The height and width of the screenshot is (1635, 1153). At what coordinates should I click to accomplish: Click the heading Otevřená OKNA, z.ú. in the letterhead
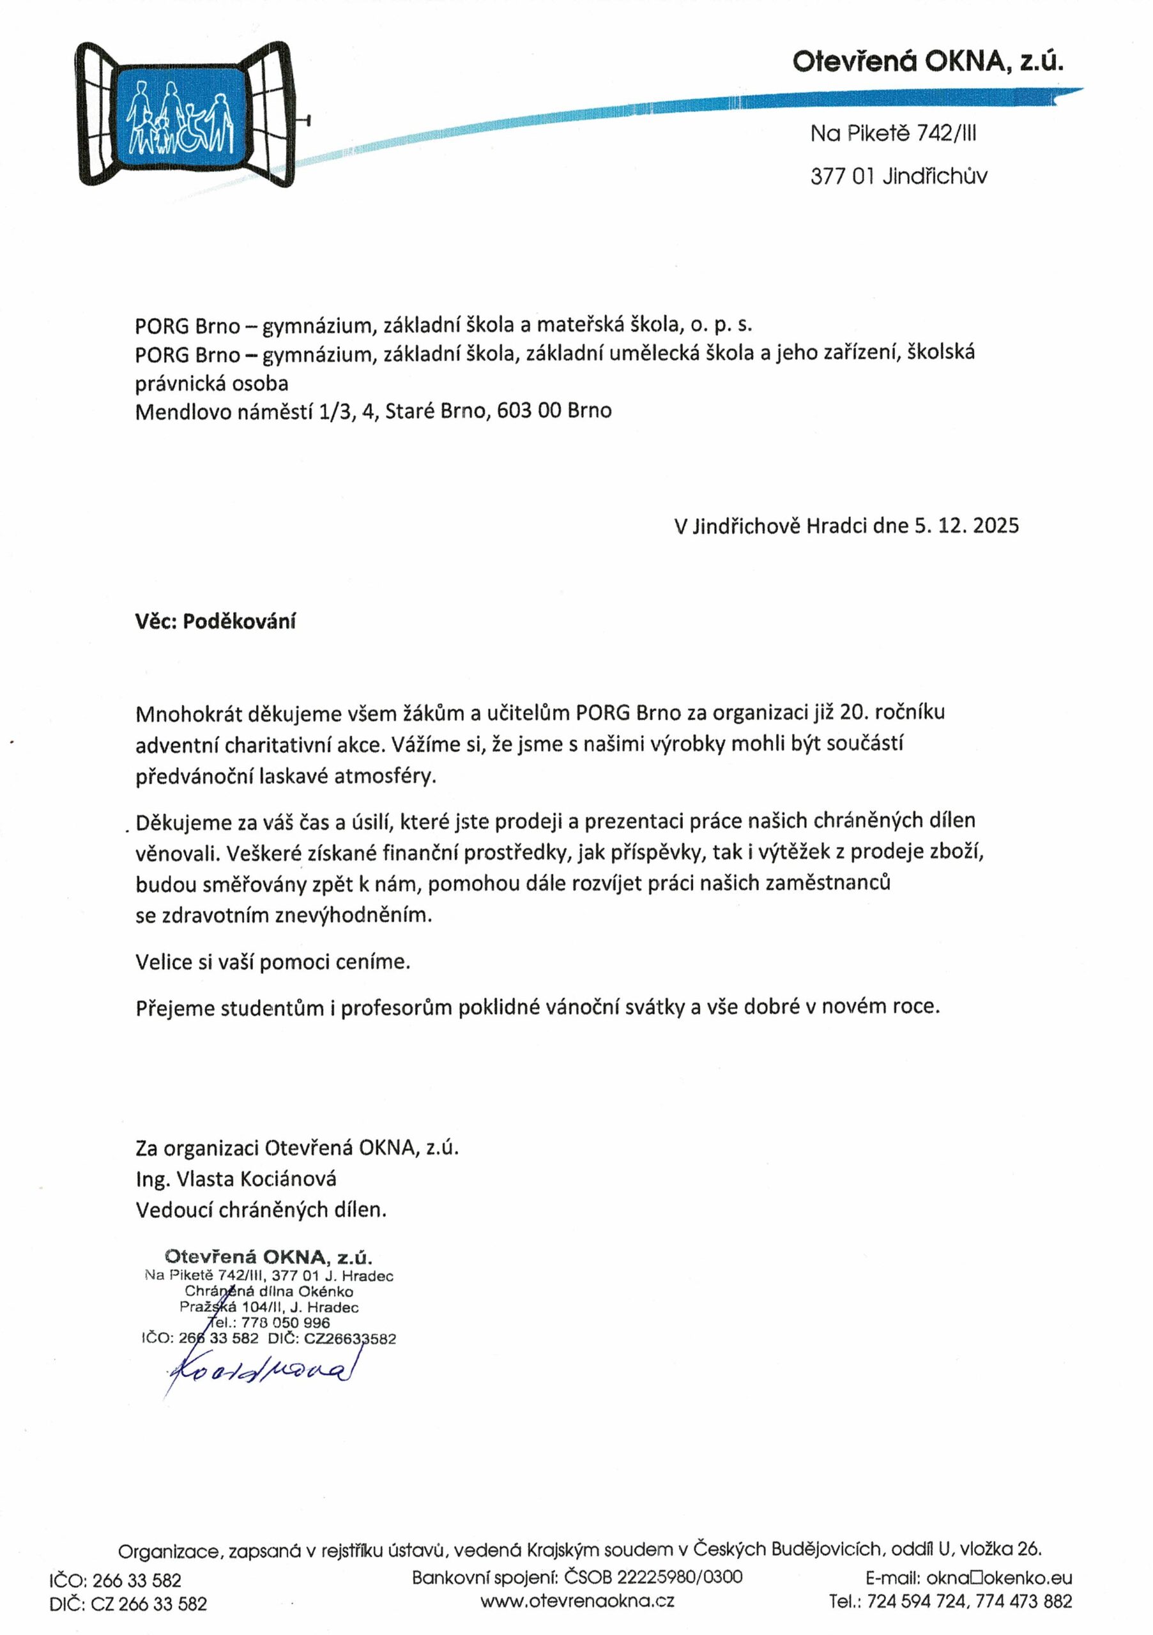click(x=928, y=63)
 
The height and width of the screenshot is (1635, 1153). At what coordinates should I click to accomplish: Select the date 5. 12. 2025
click(x=966, y=526)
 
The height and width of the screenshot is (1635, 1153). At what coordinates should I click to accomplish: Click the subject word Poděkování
click(x=240, y=621)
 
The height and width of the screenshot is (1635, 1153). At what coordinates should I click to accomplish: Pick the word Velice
click(x=164, y=962)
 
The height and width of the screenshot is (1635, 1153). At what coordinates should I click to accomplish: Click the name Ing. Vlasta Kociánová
click(x=236, y=1178)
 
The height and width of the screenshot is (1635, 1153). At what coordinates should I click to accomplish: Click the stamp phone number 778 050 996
click(x=286, y=1323)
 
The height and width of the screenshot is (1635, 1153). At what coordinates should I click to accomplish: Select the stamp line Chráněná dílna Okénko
click(x=268, y=1291)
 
